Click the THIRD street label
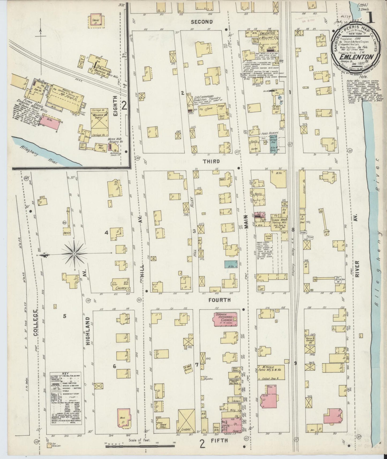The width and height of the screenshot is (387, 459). pos(211,161)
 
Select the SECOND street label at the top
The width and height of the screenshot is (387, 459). pos(201,22)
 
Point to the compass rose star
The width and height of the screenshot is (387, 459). pos(74,253)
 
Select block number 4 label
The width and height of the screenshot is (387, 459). pos(106,233)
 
